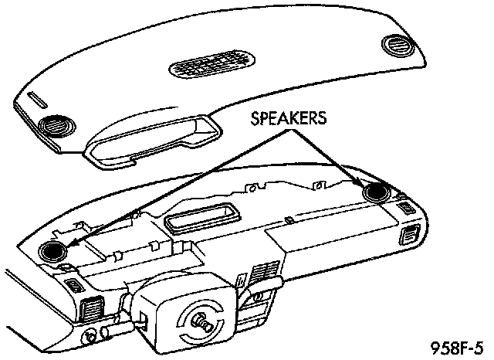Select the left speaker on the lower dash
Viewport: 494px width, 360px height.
[52, 249]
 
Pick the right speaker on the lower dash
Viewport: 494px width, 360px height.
[377, 192]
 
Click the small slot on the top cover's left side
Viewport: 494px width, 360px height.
[38, 99]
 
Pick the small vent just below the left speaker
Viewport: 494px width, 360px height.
[74, 286]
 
